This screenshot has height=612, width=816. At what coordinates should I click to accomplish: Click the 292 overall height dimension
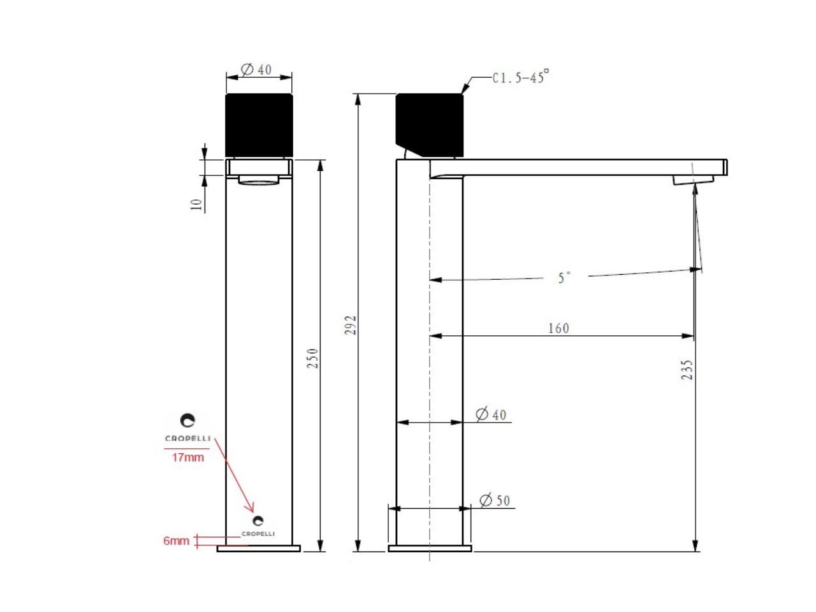coord(350,324)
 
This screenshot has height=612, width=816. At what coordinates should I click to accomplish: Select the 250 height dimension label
coord(312,358)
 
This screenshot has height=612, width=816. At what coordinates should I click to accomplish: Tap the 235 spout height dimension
coord(687,370)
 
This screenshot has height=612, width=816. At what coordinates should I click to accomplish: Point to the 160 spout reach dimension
coord(558,328)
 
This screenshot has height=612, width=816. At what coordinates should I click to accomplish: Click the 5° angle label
coord(564,277)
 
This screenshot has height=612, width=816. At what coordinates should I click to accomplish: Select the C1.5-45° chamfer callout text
coord(520,76)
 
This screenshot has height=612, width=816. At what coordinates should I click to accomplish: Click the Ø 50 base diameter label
coord(495,500)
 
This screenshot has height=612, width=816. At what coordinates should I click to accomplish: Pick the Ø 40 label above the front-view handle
coord(256,69)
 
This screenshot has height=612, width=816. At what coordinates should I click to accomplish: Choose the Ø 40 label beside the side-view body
coord(491,414)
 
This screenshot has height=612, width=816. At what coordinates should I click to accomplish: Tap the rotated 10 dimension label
coord(196,205)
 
